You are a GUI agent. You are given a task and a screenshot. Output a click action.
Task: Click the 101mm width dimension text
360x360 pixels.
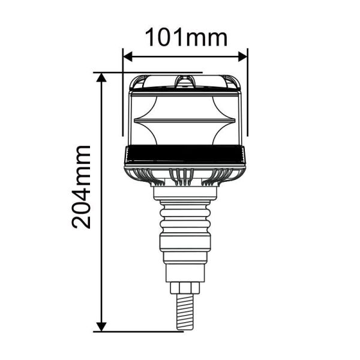coord(187,37)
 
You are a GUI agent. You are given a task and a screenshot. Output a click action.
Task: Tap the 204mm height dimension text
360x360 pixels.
coord(81,187)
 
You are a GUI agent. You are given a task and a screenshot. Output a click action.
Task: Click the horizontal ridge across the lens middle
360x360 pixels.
coord(185,119)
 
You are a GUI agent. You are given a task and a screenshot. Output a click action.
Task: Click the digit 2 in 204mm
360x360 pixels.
coord(81,220)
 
